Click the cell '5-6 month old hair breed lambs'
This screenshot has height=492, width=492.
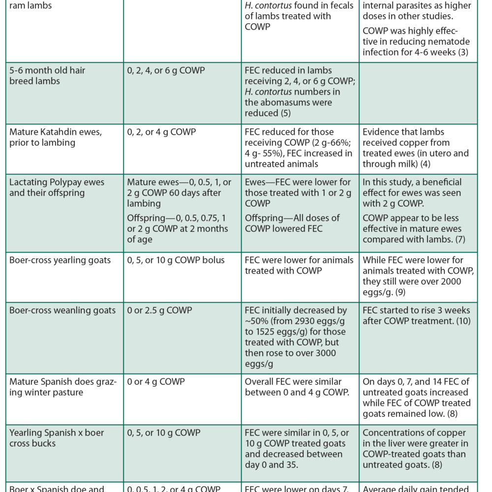tap(47, 75)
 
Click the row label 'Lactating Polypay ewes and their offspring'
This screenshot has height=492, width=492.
tap(57, 187)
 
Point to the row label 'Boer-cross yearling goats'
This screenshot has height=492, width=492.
tap(60, 260)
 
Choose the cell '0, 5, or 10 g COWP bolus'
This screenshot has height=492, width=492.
tap(176, 260)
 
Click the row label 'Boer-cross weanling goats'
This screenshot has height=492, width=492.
tap(62, 310)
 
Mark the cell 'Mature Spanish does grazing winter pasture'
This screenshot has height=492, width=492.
tap(63, 387)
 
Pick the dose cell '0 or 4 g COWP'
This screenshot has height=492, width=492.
tap(155, 381)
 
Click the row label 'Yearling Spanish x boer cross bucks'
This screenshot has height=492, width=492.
tap(57, 438)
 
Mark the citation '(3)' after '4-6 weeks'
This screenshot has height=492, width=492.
tap(462, 52)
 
